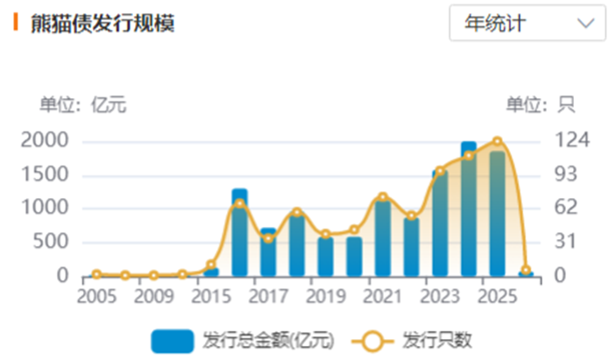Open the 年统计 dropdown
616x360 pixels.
527,24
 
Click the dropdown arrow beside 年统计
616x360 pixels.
585,24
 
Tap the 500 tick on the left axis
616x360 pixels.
55,242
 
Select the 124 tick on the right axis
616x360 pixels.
571,140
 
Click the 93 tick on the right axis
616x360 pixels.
566,174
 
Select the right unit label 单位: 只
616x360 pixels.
540,105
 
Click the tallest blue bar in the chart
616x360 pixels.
468,210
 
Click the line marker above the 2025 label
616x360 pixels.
497,142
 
